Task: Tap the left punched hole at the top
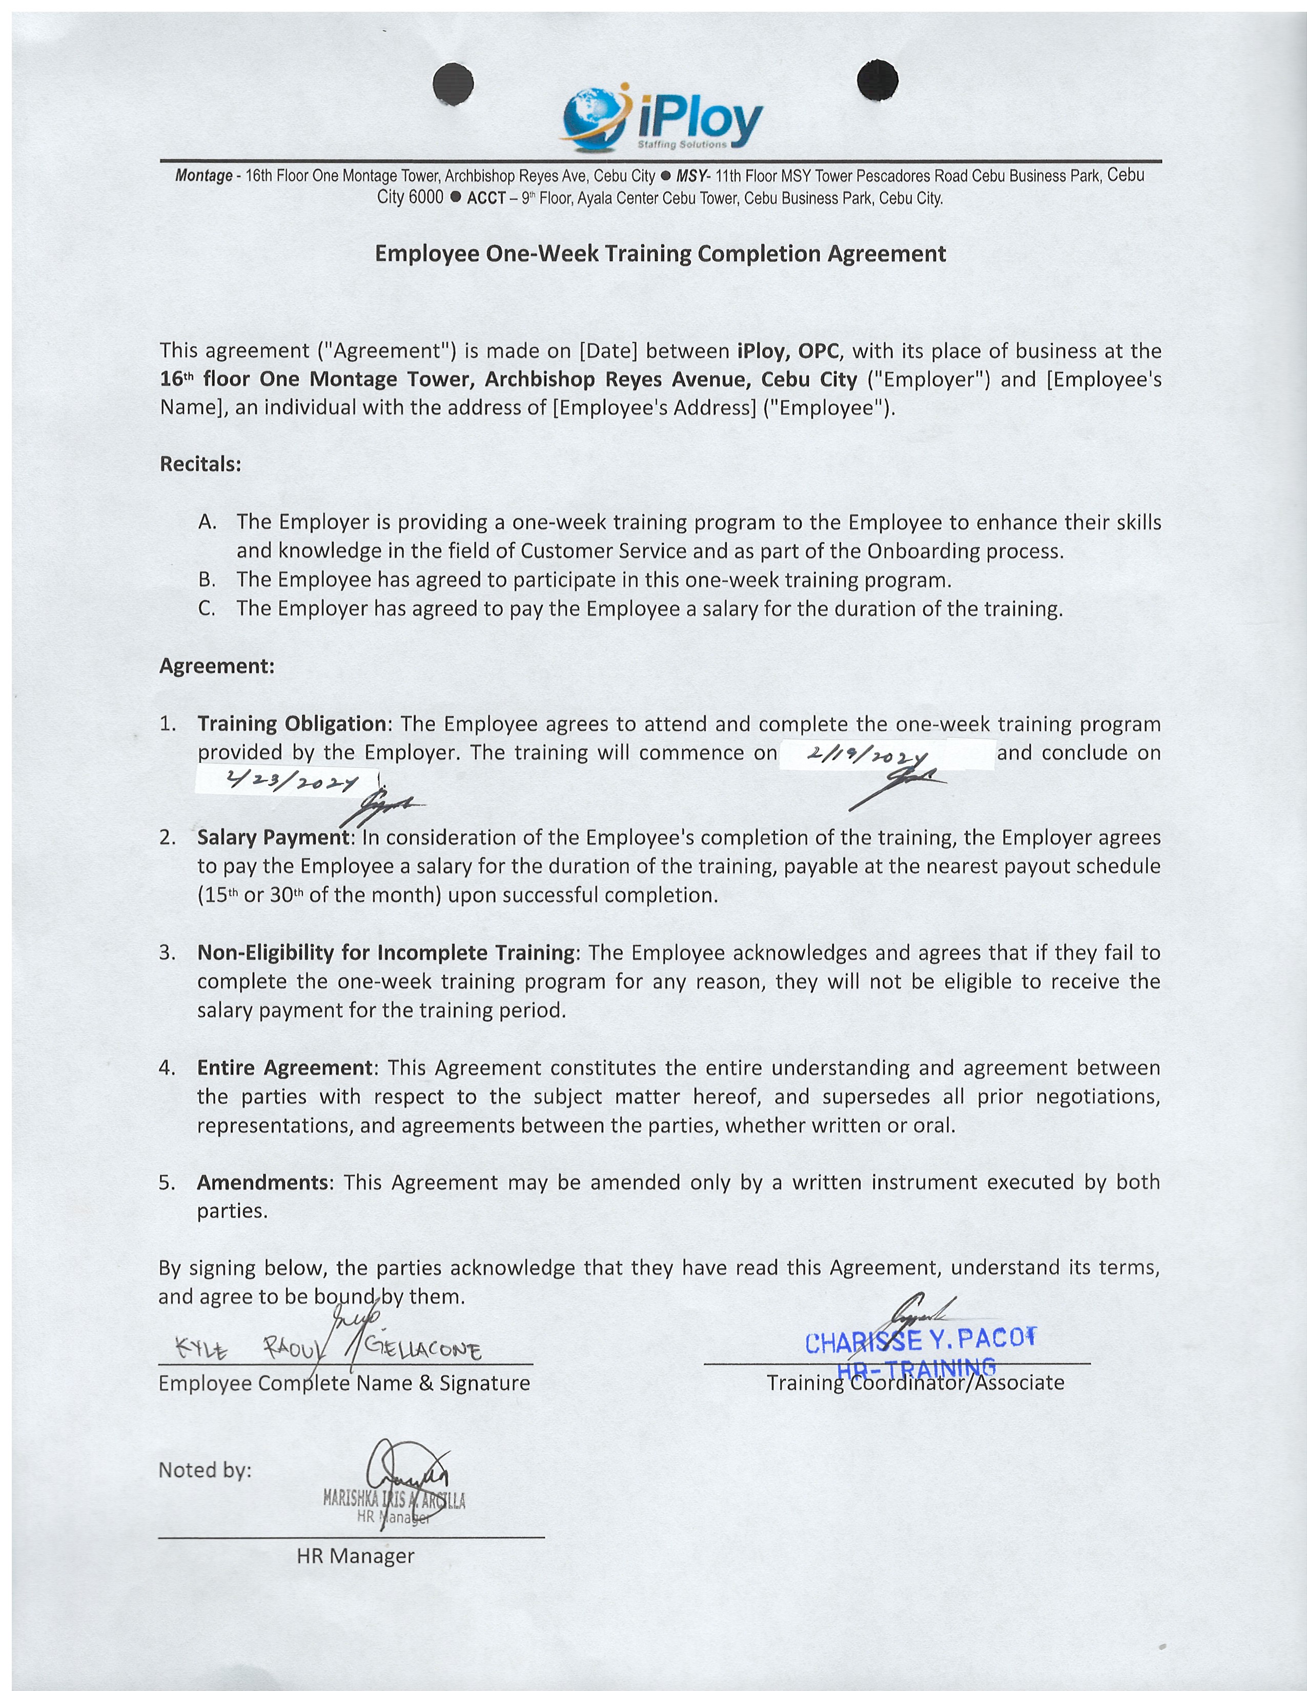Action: pos(453,82)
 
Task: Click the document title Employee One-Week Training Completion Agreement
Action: pos(660,254)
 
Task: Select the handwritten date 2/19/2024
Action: pos(866,758)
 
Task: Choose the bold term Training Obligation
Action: pos(292,724)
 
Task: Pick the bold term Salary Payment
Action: pos(274,838)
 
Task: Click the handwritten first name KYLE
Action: pos(203,1352)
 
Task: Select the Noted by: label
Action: pos(205,1470)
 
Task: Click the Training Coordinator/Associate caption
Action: pos(915,1383)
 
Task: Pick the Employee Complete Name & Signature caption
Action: pos(344,1384)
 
